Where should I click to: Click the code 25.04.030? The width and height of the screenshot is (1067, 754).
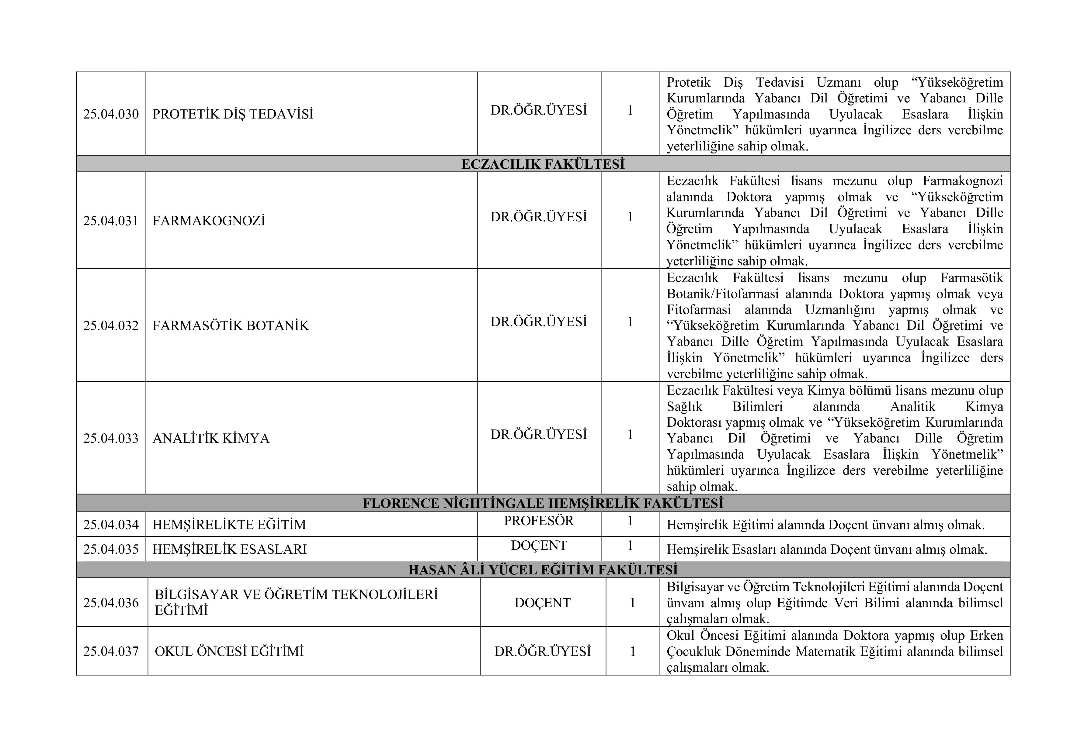point(111,114)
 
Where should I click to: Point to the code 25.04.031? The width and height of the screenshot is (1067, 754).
point(111,221)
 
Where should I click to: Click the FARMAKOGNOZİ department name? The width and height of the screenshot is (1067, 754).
point(209,221)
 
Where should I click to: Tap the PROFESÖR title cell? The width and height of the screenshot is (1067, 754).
point(539,521)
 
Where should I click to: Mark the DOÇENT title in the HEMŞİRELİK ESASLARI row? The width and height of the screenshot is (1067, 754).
point(539,546)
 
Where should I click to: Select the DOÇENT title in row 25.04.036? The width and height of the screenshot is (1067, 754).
point(542,603)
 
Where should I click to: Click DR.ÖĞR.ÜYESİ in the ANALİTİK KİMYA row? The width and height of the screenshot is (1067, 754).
point(539,435)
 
